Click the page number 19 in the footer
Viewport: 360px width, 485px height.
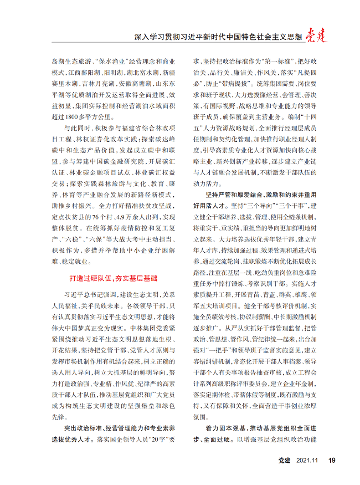pyautogui.click(x=332, y=460)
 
